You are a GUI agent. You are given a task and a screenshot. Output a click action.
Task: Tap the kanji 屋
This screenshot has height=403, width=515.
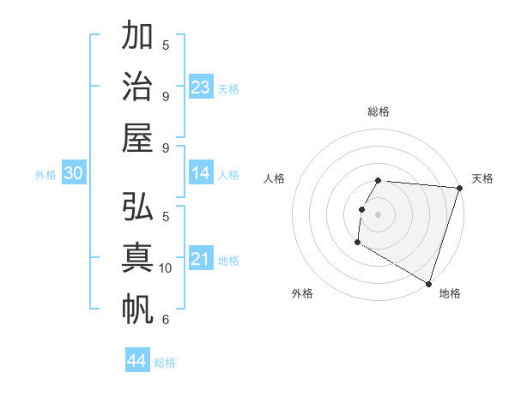tap(138, 137)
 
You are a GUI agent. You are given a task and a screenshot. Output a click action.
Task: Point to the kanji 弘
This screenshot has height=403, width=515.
tap(138, 208)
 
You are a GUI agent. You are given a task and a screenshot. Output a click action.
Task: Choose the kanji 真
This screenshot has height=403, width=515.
tap(138, 258)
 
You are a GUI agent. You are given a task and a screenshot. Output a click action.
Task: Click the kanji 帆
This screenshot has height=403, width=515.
tap(138, 309)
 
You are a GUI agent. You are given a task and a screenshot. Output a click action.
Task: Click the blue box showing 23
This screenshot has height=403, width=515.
tap(201, 87)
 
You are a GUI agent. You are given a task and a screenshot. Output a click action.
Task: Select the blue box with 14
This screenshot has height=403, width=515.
tap(201, 174)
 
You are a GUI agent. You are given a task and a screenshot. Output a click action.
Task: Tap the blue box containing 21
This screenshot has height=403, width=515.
tap(201, 260)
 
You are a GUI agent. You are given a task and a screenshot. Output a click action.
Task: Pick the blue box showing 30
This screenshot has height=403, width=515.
tap(74, 174)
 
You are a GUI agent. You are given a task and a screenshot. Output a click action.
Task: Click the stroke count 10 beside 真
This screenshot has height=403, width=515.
tap(166, 268)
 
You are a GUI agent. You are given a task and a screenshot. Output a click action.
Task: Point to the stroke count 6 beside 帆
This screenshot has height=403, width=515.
tap(166, 320)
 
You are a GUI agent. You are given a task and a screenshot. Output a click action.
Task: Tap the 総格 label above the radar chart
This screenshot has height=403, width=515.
tap(378, 111)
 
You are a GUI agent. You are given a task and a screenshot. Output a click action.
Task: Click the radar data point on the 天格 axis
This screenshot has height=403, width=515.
tap(459, 188)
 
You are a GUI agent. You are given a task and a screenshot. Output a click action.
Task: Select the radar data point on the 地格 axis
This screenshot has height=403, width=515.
tap(427, 282)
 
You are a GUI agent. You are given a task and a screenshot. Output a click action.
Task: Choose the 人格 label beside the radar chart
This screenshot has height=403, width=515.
tap(275, 178)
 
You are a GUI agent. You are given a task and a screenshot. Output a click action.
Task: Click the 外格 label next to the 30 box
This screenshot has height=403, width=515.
tap(45, 175)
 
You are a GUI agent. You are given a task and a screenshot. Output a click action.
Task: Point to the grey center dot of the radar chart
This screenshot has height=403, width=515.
tap(378, 214)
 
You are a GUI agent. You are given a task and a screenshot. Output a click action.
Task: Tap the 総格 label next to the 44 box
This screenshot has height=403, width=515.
tap(165, 363)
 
